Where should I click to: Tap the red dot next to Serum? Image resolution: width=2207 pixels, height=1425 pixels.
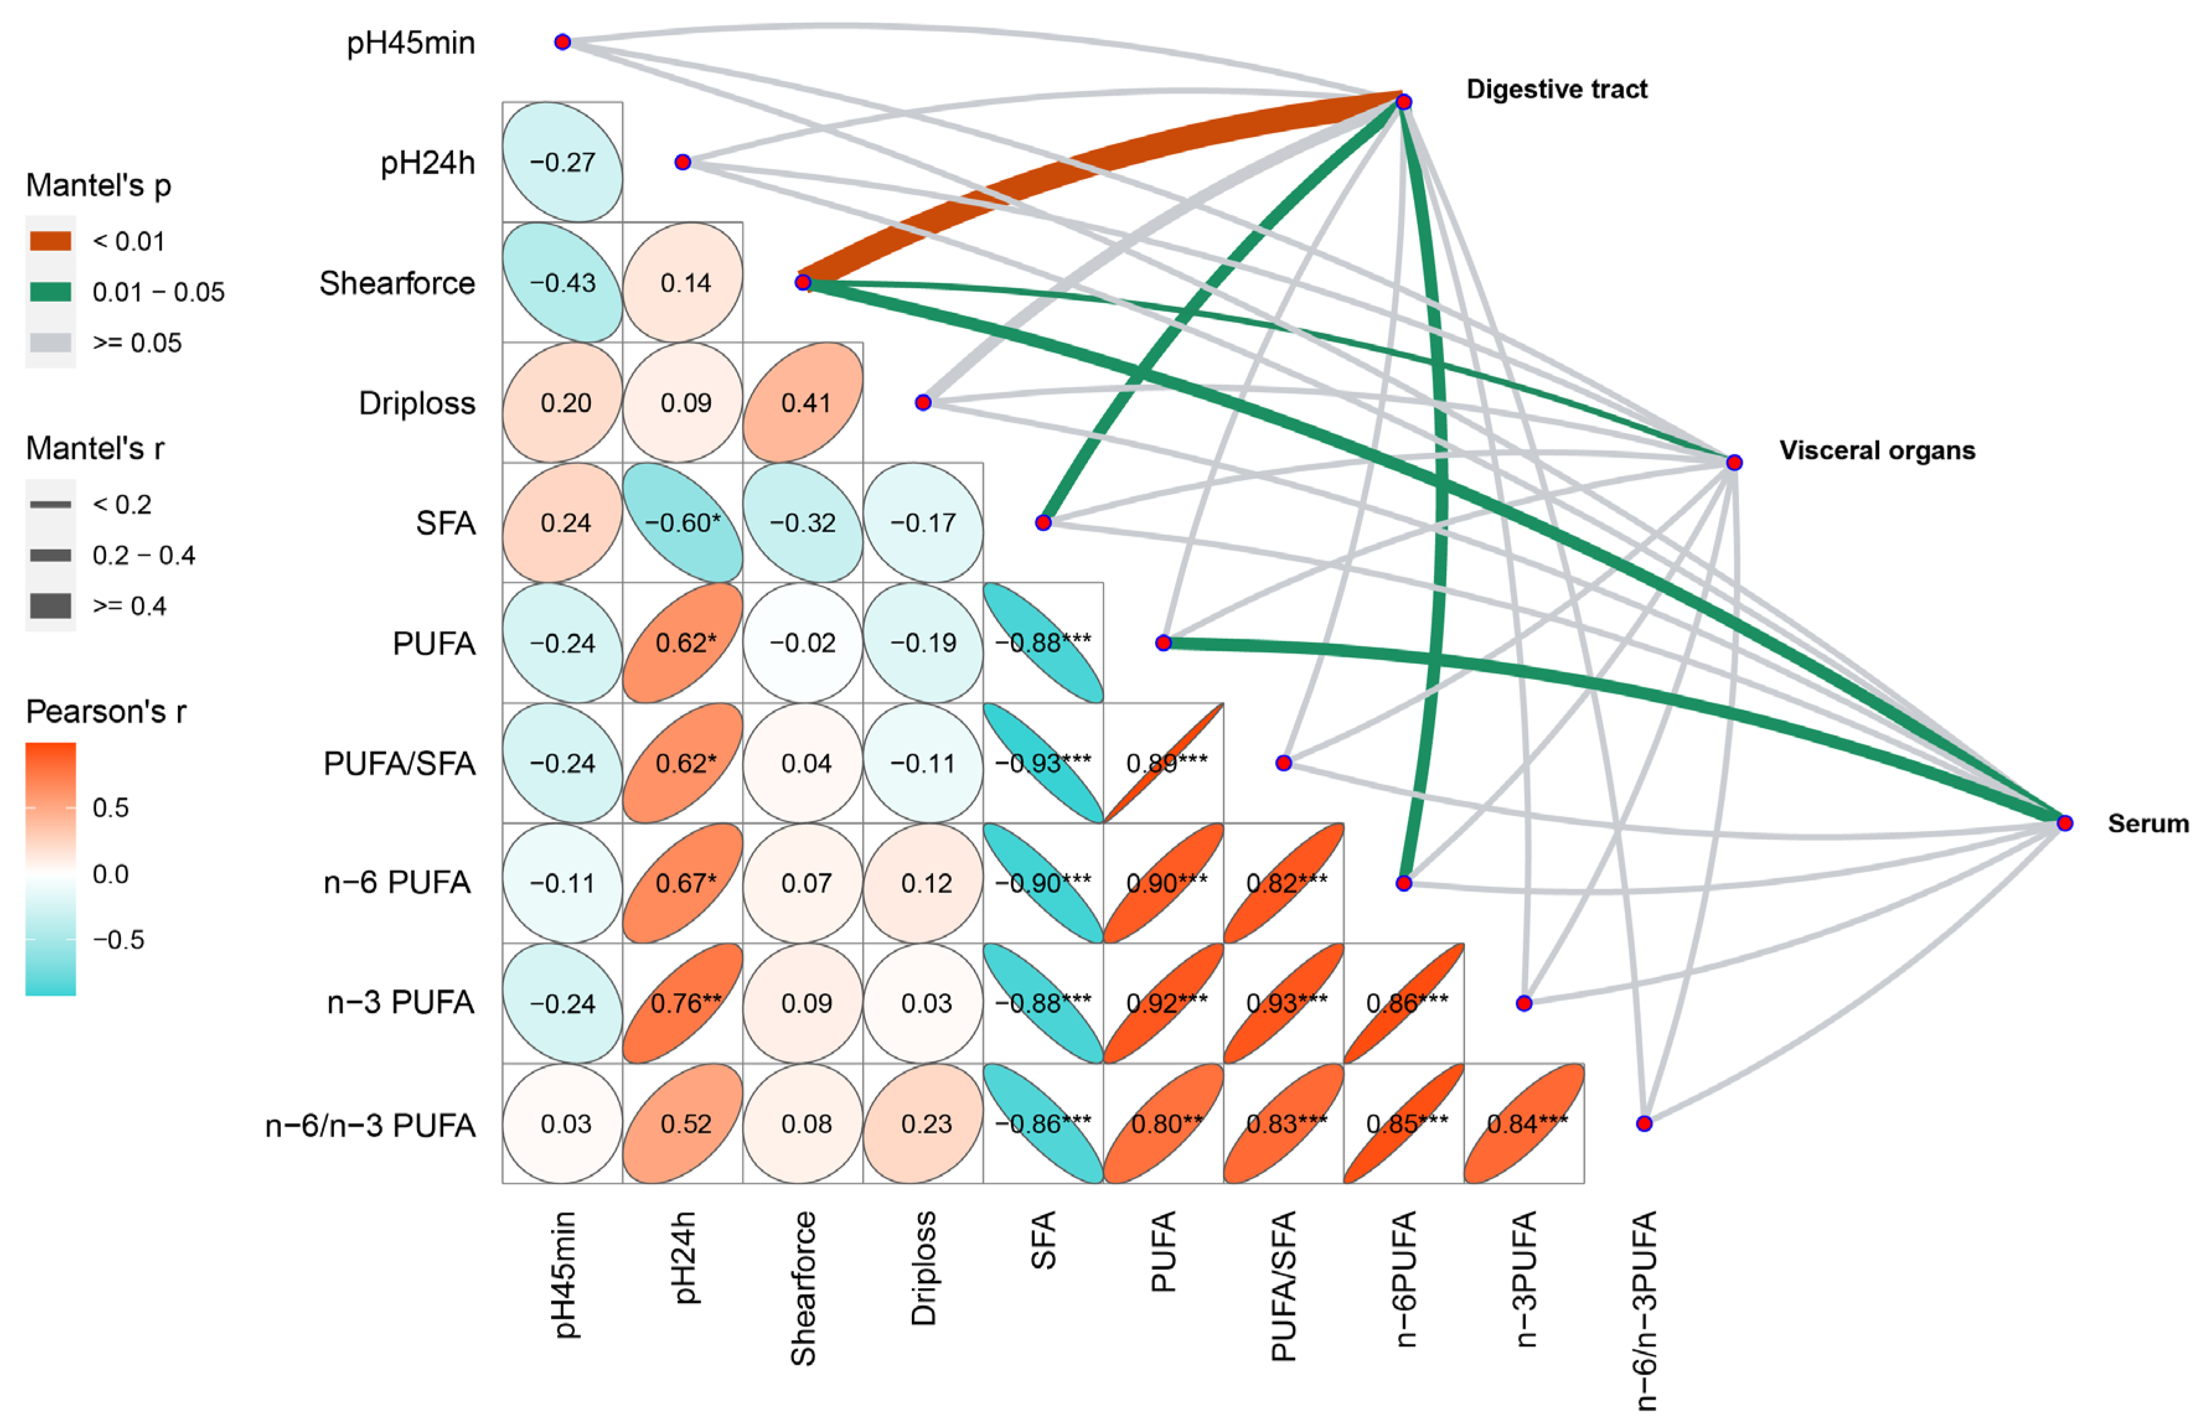[x=2064, y=823]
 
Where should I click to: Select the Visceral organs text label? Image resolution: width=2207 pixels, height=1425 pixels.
[x=1876, y=451]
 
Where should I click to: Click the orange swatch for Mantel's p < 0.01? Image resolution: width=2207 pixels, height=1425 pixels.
[x=51, y=242]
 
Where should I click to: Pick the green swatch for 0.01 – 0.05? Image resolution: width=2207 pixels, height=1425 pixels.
[x=51, y=293]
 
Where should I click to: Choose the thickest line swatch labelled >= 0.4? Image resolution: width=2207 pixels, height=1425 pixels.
[x=51, y=606]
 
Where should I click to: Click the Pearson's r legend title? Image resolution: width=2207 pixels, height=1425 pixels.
[x=105, y=712]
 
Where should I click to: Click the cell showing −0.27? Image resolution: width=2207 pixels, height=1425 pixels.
[x=563, y=162]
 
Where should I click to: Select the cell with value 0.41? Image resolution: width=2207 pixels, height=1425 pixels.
[x=803, y=402]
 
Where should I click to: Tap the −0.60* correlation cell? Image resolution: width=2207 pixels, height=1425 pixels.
[x=683, y=523]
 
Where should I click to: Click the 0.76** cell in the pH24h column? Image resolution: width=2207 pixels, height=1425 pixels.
[x=683, y=1003]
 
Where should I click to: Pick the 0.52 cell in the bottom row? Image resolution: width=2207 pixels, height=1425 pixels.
[x=683, y=1123]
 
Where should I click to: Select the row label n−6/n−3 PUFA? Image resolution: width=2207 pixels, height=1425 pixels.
[x=370, y=1125]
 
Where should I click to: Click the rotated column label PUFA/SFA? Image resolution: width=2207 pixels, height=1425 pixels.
[x=1283, y=1286]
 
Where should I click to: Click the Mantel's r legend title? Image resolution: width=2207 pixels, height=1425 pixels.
[x=94, y=449]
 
